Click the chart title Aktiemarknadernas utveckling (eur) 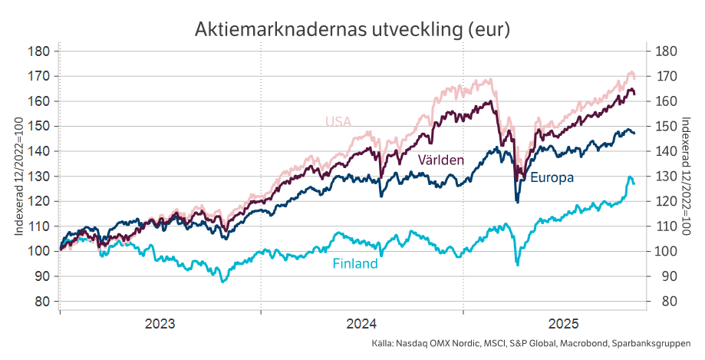[x=352, y=28]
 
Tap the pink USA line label [x=338, y=121]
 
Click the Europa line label [x=552, y=177]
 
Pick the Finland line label [x=354, y=264]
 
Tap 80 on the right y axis [x=665, y=301]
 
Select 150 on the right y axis [x=665, y=127]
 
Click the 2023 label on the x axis [x=160, y=323]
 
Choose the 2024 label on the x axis [x=362, y=323]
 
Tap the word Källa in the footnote [x=381, y=344]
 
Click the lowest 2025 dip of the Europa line [x=517, y=201]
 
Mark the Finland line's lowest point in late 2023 [x=222, y=282]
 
